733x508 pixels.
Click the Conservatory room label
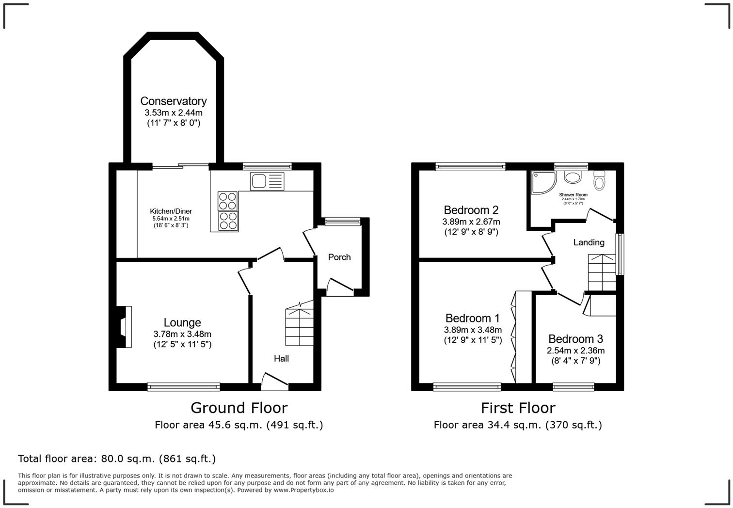173,101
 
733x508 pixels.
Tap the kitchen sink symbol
267,181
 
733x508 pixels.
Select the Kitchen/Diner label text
171,211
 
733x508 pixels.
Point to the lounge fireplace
125,326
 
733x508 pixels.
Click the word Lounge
182,322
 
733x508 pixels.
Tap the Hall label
281,358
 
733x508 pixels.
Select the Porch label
339,257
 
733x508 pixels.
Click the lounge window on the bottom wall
184,386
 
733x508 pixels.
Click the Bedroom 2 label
471,210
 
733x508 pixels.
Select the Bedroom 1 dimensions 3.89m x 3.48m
473,330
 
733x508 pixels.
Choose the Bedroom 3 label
575,339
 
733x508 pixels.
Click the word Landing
589,242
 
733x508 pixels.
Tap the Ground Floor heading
239,408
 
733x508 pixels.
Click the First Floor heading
518,408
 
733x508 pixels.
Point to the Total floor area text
117,459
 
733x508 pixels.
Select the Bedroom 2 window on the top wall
470,167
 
